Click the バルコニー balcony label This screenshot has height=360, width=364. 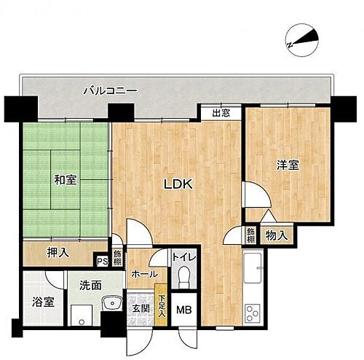(110, 90)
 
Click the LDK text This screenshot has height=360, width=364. (176, 184)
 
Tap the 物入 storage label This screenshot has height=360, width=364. (277, 235)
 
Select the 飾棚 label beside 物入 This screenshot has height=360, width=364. (250, 235)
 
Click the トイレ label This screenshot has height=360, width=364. (182, 257)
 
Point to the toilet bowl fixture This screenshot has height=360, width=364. (184, 278)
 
